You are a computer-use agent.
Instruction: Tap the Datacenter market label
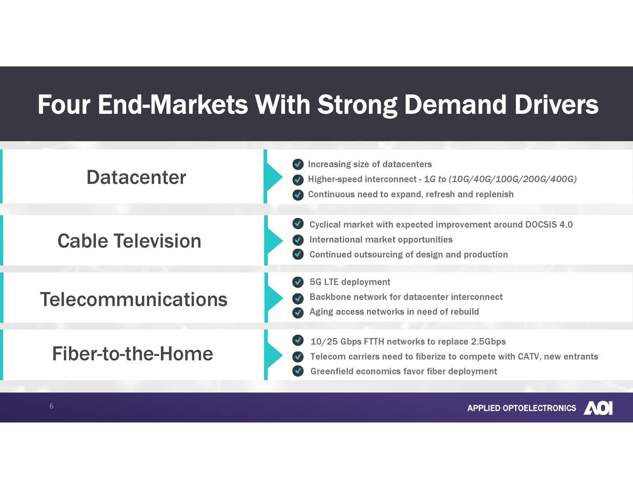tap(136, 177)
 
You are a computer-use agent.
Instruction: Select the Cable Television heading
tap(129, 241)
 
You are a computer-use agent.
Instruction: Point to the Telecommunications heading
tap(134, 299)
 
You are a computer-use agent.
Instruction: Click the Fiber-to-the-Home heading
tap(133, 354)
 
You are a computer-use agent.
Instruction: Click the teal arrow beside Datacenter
tap(273, 177)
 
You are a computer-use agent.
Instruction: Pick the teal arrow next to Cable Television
tap(273, 241)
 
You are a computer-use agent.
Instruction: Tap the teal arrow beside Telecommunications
tap(273, 298)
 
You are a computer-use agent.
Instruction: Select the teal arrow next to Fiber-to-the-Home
tap(273, 355)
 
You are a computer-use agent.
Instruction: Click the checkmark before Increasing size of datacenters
tap(298, 164)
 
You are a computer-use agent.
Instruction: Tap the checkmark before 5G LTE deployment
tap(298, 282)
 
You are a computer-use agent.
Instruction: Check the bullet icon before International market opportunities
tap(298, 240)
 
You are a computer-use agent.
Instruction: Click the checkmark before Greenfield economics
tap(298, 371)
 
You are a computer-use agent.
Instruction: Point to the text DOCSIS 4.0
tap(548, 224)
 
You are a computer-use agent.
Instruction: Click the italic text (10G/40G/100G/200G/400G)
tap(512, 179)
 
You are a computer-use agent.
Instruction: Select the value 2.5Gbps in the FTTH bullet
tap(488, 342)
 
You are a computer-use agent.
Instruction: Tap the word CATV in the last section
tap(528, 356)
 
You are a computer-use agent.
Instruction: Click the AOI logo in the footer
tap(598, 408)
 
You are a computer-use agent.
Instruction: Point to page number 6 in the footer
tap(51, 406)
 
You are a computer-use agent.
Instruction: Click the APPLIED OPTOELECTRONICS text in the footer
tap(521, 408)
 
